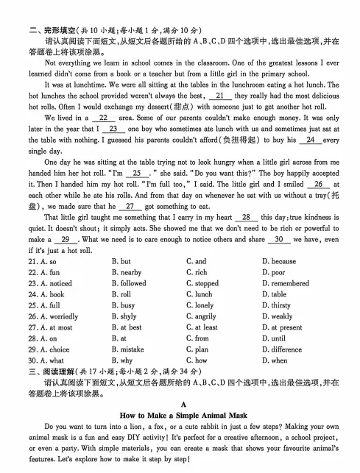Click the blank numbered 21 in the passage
coord(219,96)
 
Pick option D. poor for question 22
coord(275,272)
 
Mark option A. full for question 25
coord(46,305)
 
